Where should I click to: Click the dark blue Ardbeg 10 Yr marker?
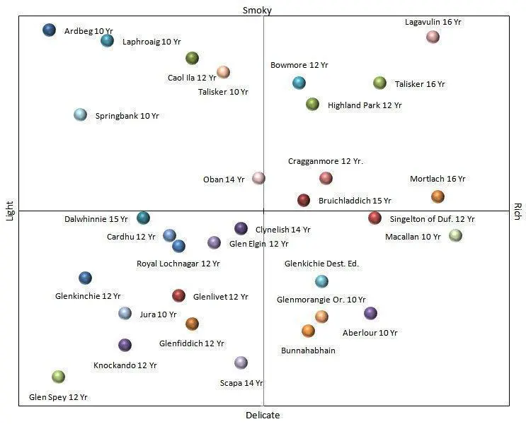(50, 30)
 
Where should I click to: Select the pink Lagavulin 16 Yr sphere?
(433, 37)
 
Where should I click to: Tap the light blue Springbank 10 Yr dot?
(81, 115)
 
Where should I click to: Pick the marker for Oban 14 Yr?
(258, 178)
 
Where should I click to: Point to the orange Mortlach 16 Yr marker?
(438, 196)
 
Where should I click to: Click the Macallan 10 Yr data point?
(455, 235)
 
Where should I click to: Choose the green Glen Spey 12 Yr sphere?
(58, 377)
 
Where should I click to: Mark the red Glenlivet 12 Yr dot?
(178, 295)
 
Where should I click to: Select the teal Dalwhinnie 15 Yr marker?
(143, 218)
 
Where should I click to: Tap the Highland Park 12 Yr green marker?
(312, 104)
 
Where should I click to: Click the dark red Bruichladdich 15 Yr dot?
(304, 200)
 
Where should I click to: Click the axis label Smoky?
(257, 11)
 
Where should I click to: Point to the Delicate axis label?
(263, 416)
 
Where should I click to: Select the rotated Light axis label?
(9, 211)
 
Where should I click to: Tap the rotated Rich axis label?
(518, 211)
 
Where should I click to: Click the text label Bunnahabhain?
(308, 351)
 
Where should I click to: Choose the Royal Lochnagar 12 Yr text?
(178, 264)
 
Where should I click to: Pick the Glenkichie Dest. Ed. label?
(321, 264)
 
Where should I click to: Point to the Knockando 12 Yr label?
(125, 365)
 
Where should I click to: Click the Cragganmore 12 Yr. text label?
(326, 161)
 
